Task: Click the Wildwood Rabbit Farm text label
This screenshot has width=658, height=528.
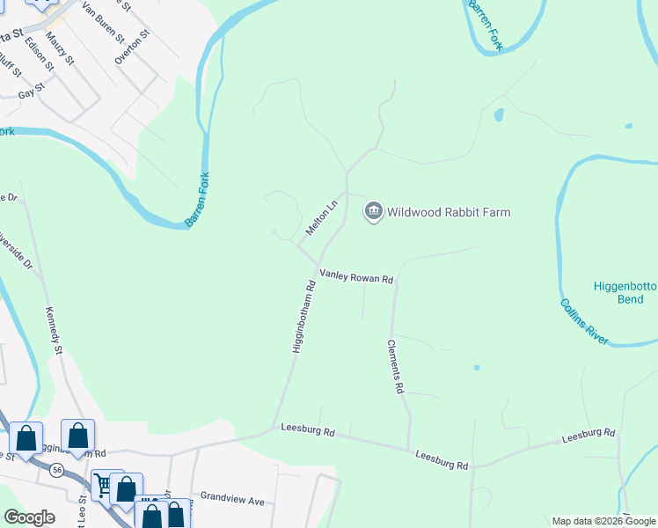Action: point(449,212)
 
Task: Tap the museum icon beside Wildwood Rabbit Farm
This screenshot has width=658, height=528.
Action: point(373,212)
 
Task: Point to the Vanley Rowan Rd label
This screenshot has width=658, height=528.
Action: point(355,277)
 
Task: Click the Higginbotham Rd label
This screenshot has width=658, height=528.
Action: point(303,317)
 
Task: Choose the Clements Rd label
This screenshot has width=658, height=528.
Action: point(395,366)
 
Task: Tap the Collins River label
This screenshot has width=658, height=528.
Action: point(584,321)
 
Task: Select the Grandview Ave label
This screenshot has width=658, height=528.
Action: point(232,500)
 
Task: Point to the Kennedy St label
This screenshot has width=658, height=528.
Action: point(55,331)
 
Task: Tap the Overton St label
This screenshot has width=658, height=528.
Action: point(132,47)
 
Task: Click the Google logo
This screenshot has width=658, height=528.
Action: point(29,517)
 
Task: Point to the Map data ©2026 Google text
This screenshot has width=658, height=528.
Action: point(603,521)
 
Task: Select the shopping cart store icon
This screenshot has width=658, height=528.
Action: point(104,483)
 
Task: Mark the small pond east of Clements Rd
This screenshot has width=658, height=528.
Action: point(476,367)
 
